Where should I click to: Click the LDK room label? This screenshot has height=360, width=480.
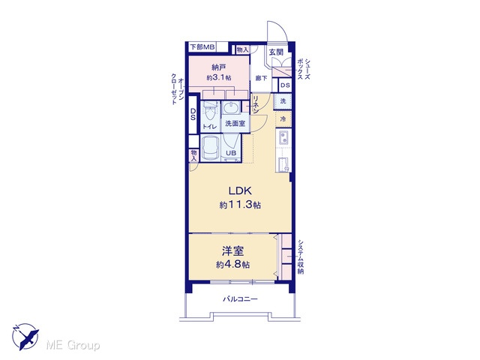tap(240, 190)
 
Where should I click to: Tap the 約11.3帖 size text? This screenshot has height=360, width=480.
tap(240, 205)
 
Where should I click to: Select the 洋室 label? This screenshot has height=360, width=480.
tap(233, 251)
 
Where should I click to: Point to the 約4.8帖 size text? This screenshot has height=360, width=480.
tap(232, 264)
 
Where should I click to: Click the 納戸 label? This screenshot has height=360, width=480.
tap(218, 67)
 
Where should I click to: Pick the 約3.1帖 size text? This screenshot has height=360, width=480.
tap(218, 77)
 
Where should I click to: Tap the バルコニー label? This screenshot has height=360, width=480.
tap(240, 298)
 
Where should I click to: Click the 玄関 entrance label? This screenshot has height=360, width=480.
tap(276, 52)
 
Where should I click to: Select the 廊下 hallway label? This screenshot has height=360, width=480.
tap(261, 78)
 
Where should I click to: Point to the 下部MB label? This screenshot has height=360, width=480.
tap(202, 47)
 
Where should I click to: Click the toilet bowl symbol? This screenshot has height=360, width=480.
tap(210, 112)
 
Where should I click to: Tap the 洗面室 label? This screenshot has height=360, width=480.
tap(235, 124)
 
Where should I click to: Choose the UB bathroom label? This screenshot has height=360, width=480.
tap(231, 153)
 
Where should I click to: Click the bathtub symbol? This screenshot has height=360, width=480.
tap(210, 148)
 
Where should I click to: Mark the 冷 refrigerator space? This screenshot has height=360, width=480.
tap(283, 118)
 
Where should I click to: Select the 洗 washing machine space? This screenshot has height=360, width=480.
tap(283, 100)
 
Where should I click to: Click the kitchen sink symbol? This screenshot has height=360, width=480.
tap(283, 138)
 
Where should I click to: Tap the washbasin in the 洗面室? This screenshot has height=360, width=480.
tap(231, 107)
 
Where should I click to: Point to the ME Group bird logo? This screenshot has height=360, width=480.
tap(25, 337)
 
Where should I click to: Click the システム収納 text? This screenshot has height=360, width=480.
tap(301, 256)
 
